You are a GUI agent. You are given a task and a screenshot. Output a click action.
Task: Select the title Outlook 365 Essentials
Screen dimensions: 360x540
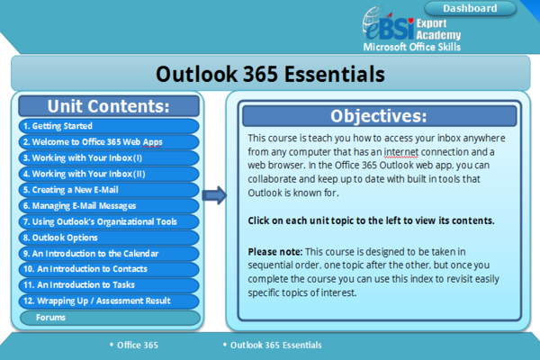click(269, 72)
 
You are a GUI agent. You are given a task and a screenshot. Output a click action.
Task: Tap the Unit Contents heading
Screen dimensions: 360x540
click(109, 105)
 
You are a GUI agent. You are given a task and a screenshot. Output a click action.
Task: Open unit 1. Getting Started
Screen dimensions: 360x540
click(109, 126)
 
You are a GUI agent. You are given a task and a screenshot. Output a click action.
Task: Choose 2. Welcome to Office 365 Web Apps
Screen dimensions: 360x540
click(109, 142)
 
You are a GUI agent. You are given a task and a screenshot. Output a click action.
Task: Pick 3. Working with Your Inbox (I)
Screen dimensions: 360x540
click(109, 158)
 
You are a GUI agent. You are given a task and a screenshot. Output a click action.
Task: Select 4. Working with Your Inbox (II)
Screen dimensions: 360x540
click(109, 174)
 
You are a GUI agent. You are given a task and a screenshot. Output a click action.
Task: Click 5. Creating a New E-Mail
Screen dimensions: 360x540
click(109, 190)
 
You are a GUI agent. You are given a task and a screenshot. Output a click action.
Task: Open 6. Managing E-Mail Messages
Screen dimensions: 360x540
click(109, 206)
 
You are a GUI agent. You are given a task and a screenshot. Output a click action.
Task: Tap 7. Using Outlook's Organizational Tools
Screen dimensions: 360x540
click(109, 221)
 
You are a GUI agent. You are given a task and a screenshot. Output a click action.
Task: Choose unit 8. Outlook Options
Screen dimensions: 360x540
click(109, 238)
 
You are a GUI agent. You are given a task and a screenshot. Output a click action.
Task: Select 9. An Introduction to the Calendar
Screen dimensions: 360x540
click(109, 254)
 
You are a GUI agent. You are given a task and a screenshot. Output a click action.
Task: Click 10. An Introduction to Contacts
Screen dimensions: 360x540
click(109, 269)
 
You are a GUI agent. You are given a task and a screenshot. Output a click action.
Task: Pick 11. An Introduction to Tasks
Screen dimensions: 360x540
click(109, 285)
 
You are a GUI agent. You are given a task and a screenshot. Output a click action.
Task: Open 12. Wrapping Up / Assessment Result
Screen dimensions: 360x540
click(109, 301)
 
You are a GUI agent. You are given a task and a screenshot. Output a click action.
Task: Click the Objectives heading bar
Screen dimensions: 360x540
click(379, 116)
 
